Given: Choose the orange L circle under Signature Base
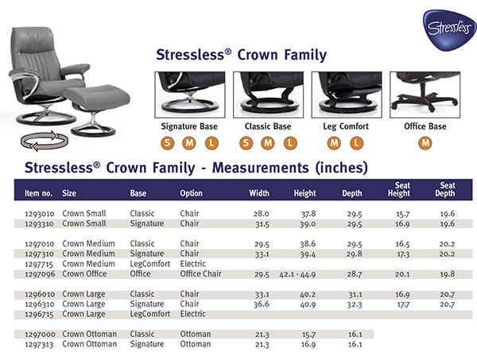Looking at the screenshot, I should pos(211,143).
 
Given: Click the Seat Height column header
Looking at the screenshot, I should pos(398,189).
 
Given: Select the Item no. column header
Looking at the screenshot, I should pos(39,193).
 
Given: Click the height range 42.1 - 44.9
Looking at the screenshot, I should pos(298,274).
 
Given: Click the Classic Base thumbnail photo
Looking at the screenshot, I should pos(266,94).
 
